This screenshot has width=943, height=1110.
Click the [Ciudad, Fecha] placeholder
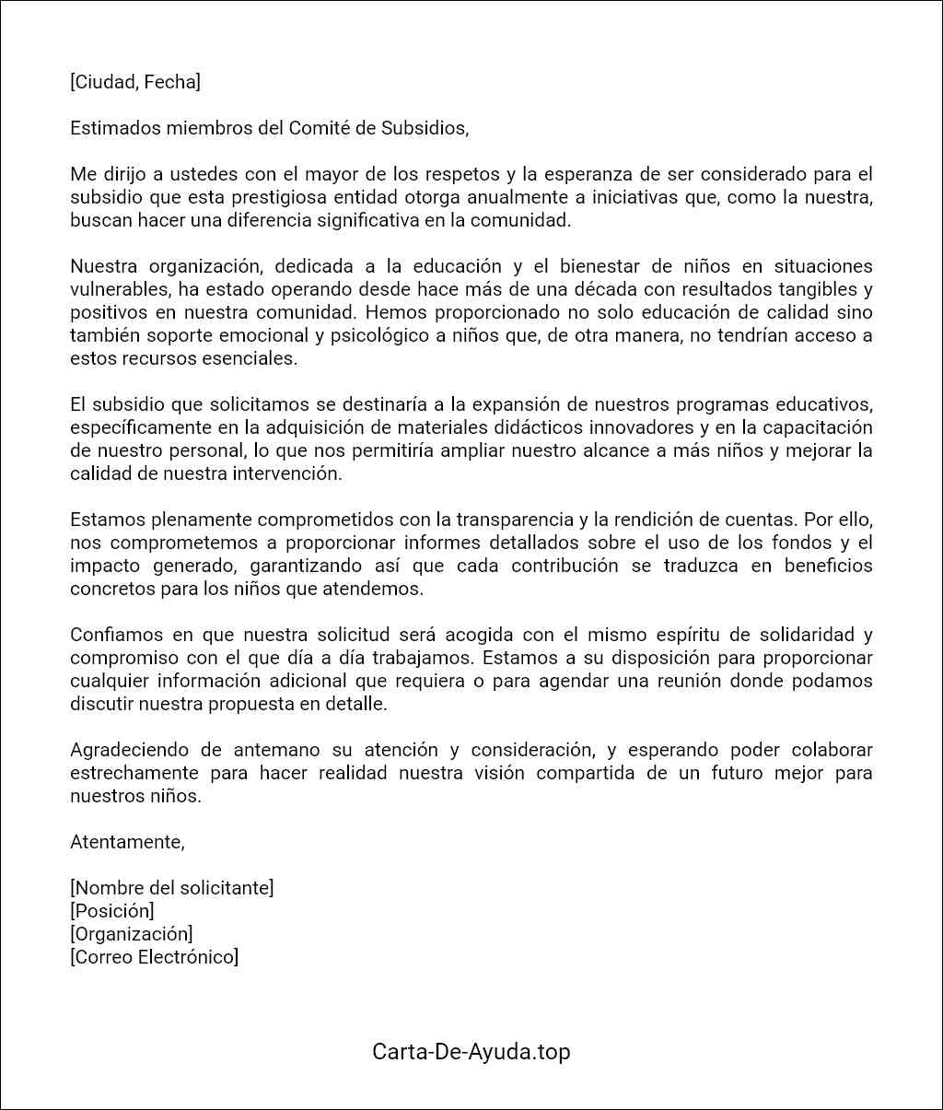[134, 82]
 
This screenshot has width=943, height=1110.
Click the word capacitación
[817, 427]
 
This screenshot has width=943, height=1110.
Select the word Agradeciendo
[125, 750]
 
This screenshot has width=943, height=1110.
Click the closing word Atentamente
[127, 842]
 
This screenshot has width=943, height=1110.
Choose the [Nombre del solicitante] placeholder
[171, 888]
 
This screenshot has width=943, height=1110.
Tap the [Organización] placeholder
[131, 934]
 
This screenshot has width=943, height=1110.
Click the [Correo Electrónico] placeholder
[154, 957]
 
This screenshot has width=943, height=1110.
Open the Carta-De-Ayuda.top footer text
[471, 1051]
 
